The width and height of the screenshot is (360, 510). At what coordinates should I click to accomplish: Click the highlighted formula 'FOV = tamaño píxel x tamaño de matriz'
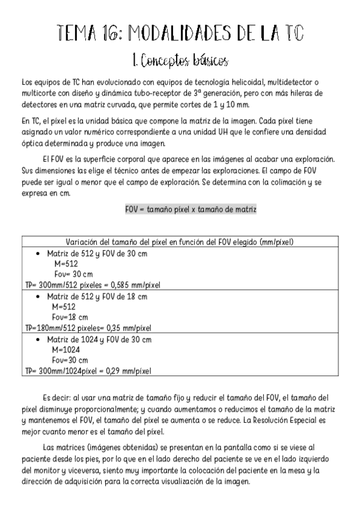191,209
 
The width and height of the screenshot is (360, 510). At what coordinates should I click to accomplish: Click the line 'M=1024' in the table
66,349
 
